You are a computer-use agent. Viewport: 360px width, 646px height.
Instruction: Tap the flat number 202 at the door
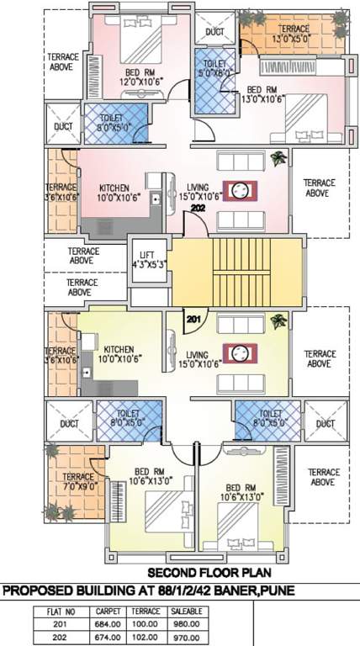(199, 208)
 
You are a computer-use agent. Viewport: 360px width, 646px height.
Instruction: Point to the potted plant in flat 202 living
(278, 157)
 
